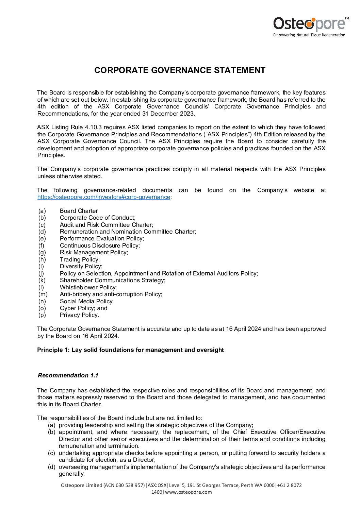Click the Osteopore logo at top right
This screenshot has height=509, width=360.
click(x=310, y=26)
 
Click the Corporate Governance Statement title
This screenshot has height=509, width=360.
click(x=180, y=70)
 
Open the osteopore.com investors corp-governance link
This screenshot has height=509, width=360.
click(x=103, y=197)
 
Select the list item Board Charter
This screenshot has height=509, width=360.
click(x=79, y=211)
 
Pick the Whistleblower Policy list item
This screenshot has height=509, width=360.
click(x=88, y=287)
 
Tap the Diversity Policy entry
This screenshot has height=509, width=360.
click(x=81, y=266)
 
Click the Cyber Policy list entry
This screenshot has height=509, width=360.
click(x=83, y=308)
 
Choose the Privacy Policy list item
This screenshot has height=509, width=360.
click(x=79, y=315)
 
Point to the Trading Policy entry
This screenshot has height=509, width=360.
click(x=80, y=259)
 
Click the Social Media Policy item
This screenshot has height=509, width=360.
click(x=87, y=301)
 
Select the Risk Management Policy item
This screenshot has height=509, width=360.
click(x=94, y=252)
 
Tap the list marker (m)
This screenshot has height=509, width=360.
click(x=43, y=294)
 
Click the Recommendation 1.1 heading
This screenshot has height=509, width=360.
click(x=68, y=375)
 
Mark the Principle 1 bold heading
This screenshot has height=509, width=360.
click(x=130, y=350)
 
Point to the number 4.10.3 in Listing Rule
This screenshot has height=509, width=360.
click(x=91, y=128)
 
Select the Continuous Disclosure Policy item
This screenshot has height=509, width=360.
click(x=100, y=245)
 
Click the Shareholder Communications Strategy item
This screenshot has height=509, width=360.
click(x=112, y=280)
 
